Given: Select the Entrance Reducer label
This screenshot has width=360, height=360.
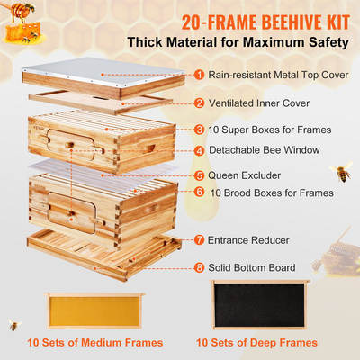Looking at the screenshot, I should pyautogui.click(x=249, y=240).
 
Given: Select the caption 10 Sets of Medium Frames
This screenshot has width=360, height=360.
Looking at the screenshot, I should pyautogui.click(x=94, y=343).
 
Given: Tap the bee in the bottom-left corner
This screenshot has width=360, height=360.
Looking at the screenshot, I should pyautogui.click(x=13, y=324).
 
